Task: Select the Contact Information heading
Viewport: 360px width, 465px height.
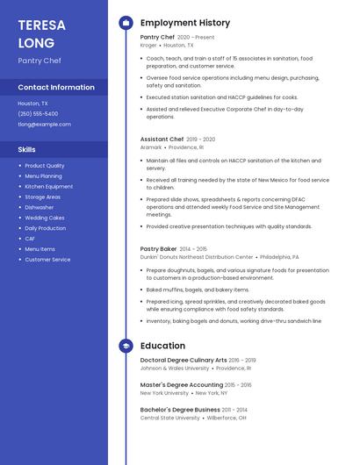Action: click(x=56, y=87)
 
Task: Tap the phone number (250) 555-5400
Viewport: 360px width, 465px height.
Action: click(x=38, y=113)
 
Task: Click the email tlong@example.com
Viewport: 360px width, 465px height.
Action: click(x=44, y=124)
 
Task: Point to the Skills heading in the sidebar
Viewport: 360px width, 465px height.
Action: click(x=27, y=149)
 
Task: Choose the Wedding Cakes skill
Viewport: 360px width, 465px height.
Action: click(x=45, y=218)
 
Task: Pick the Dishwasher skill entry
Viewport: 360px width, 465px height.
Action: click(x=40, y=207)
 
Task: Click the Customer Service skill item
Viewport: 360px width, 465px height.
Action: click(x=47, y=260)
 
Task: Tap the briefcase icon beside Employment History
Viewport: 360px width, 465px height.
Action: click(x=126, y=23)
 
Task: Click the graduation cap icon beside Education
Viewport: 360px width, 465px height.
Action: click(x=126, y=346)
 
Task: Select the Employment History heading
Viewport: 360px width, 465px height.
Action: click(x=185, y=23)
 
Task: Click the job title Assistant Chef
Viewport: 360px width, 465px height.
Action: click(x=162, y=139)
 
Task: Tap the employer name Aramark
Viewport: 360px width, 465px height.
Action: click(x=151, y=147)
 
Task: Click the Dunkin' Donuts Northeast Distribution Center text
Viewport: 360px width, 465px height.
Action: click(x=197, y=257)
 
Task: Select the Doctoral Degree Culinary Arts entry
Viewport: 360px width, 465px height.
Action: click(x=184, y=360)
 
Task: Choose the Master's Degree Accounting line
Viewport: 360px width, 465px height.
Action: click(x=182, y=384)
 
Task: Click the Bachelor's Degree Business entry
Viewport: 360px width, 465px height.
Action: click(x=180, y=409)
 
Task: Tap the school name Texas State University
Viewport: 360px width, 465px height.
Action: click(x=170, y=418)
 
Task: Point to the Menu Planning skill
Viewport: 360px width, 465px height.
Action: click(x=43, y=175)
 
